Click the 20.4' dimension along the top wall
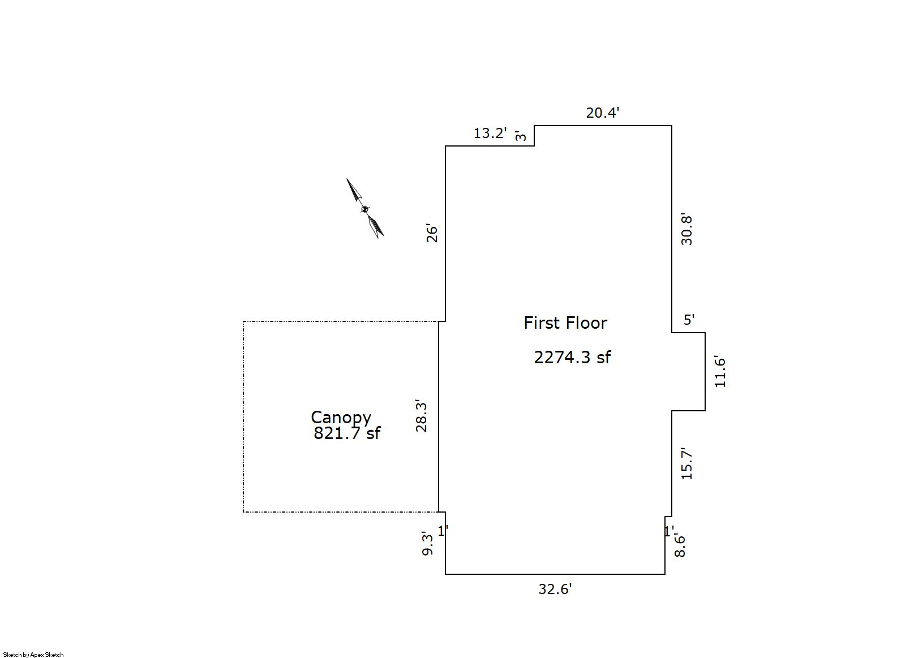point(602,113)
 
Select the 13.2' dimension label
point(490,133)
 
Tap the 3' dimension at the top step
point(521,135)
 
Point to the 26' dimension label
point(432,234)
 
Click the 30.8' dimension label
point(686,229)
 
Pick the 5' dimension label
point(689,320)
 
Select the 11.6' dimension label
point(720,371)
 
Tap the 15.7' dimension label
point(686,463)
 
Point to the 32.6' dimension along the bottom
point(555,589)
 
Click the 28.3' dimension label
point(421,415)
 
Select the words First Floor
point(565,323)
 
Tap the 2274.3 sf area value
point(572,357)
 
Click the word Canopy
point(341,418)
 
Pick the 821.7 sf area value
point(347,433)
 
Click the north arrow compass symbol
point(365,209)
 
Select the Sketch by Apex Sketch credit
point(33,655)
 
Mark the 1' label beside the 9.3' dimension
point(443,531)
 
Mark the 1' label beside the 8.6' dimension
point(669,531)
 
